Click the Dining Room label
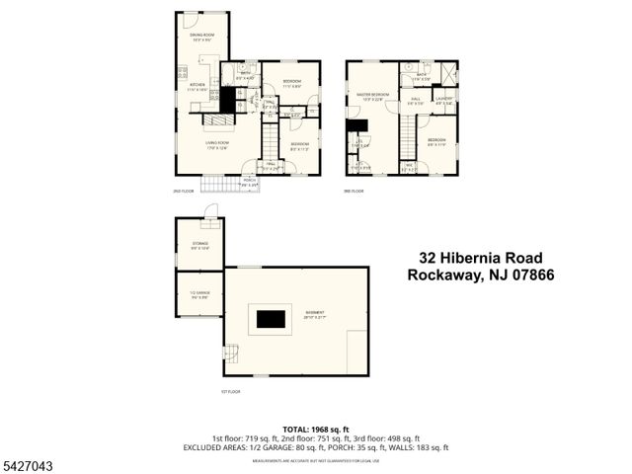pyautogui.click(x=201, y=38)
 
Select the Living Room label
pyautogui.click(x=217, y=144)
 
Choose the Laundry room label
pyautogui.click(x=442, y=100)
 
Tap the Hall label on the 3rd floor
pyautogui.click(x=417, y=100)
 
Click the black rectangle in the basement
pyautogui.click(x=271, y=318)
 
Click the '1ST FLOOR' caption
pyautogui.click(x=230, y=391)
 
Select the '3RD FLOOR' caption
pyautogui.click(x=354, y=191)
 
